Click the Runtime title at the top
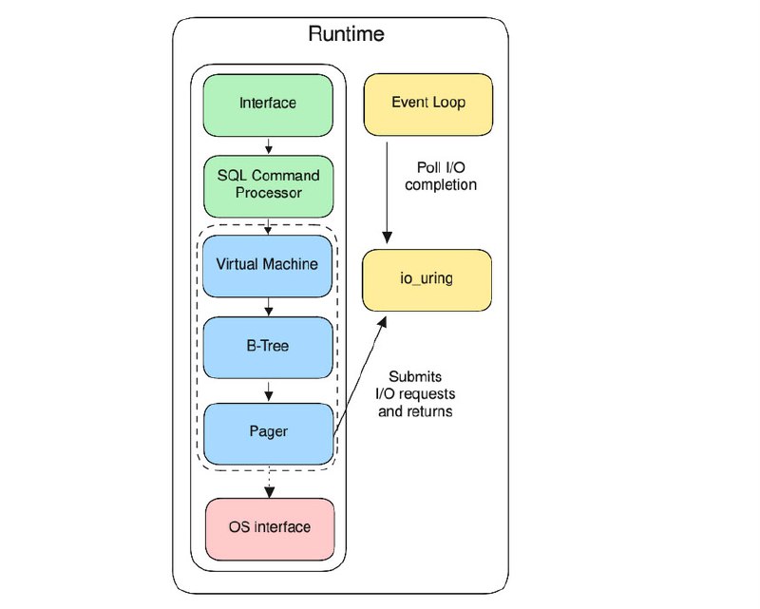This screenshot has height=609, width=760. point(346,34)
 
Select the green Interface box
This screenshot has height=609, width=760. point(268,105)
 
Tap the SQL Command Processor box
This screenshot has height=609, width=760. point(269,186)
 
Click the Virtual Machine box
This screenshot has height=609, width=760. point(268,266)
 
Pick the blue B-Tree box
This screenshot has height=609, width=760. point(268,348)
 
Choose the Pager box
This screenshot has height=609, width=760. point(269,434)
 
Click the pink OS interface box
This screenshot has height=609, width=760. point(270,529)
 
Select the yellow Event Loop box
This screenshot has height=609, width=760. point(428,105)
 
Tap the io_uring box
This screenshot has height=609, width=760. point(427,280)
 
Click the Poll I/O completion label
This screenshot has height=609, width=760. point(441,176)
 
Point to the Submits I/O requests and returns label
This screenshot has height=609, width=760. point(415,393)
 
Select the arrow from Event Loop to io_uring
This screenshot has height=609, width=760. point(387,193)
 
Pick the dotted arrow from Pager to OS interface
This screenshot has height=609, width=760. point(270,482)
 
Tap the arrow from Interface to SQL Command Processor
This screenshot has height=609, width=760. point(269,145)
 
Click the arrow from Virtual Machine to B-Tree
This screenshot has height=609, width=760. point(269,307)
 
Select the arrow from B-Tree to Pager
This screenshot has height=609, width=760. point(269,390)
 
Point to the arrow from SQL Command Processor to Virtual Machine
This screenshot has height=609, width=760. point(268,226)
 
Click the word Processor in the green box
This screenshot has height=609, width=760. point(269,193)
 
